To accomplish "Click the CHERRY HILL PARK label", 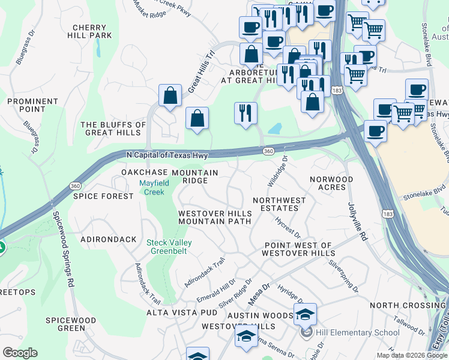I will click(x=92, y=31).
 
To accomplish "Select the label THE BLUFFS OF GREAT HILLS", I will click(x=113, y=128).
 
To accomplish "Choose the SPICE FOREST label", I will click(x=103, y=196).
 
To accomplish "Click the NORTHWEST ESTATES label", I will click(x=279, y=204).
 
